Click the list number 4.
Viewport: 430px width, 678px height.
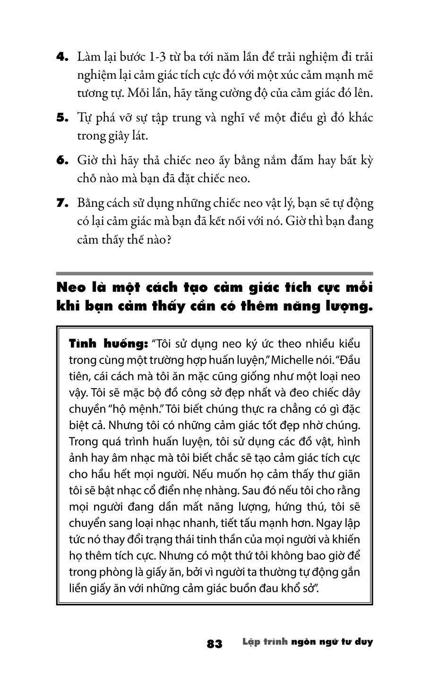pyautogui.click(x=62, y=57)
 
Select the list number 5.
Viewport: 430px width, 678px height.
pyautogui.click(x=62, y=118)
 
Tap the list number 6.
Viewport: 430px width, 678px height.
pyautogui.click(x=62, y=161)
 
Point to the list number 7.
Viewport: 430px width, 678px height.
pyautogui.click(x=62, y=203)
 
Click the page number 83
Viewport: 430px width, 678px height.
pyautogui.click(x=215, y=644)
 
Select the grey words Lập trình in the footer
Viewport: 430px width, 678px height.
pyautogui.click(x=265, y=642)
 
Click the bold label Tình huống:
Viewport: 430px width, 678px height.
pyautogui.click(x=109, y=343)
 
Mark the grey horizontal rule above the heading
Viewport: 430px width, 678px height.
pyautogui.click(x=215, y=273)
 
